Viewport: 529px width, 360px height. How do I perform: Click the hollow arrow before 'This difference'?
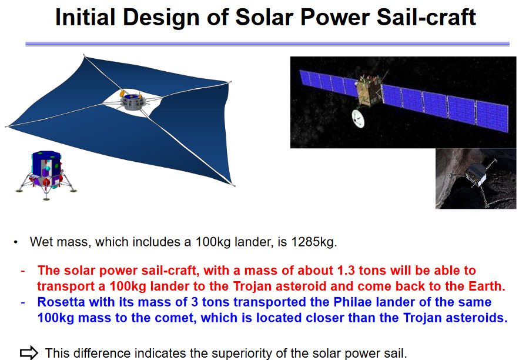(x=29, y=353)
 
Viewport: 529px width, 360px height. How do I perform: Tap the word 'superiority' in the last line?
(x=247, y=353)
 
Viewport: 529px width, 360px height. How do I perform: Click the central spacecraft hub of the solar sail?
(x=133, y=101)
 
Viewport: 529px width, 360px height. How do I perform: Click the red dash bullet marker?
(x=22, y=271)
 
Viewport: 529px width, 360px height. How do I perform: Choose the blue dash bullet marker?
(x=22, y=302)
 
